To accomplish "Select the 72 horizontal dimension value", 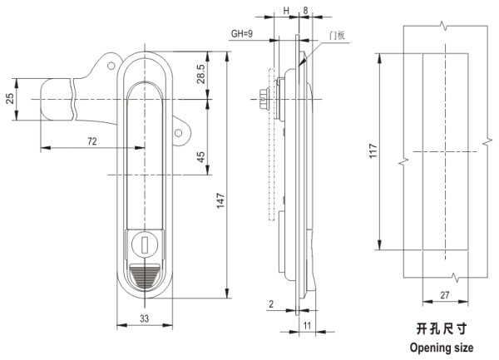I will coord(92,142).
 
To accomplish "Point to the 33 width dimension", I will coord(144,317).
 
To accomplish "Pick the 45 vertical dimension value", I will coord(200,158).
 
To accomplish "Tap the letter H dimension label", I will coord(286,11).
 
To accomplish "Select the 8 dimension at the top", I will coord(306,11).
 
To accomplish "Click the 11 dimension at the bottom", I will coord(306,326).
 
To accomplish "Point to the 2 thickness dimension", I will coord(272,303).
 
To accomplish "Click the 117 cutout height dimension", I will coord(372,150).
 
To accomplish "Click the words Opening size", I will coord(442,348).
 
